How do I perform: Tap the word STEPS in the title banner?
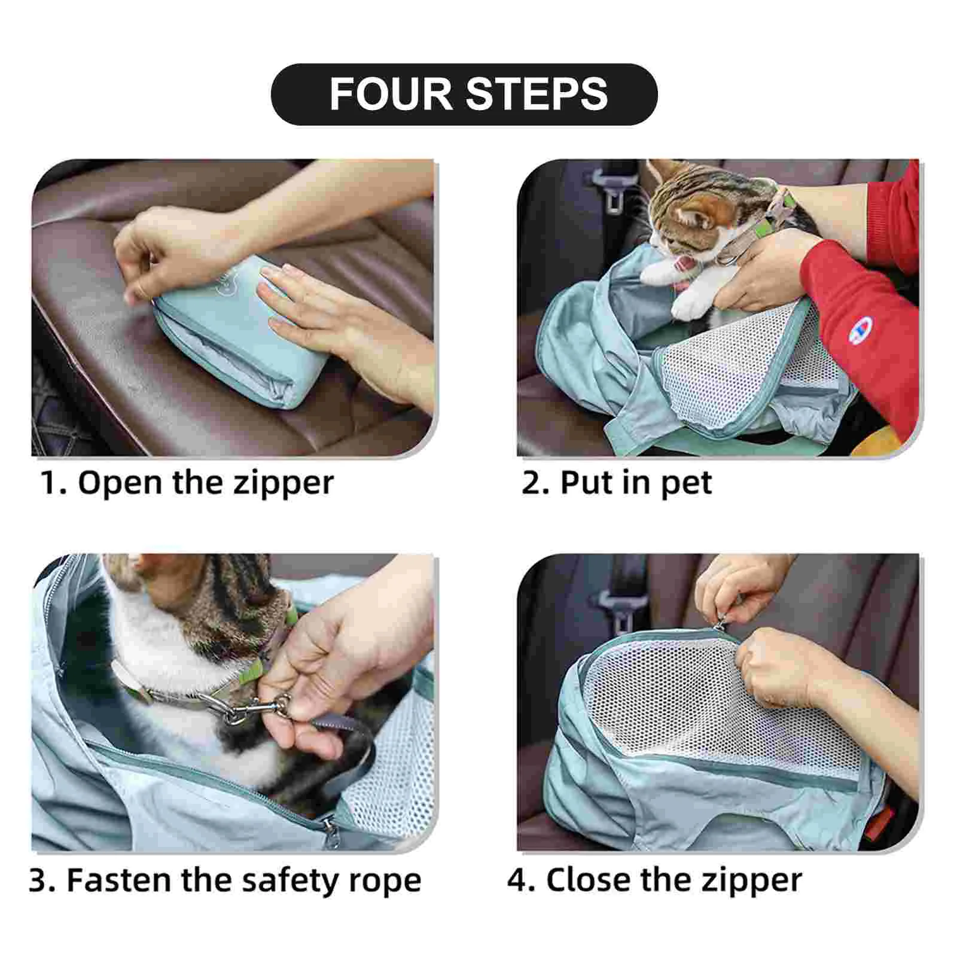coord(537,94)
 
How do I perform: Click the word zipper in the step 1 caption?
coord(283,484)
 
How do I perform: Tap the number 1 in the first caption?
coord(51,483)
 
